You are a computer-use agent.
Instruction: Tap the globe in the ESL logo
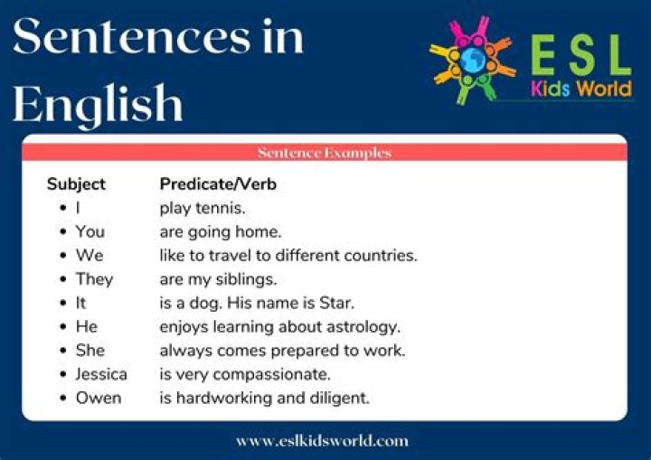point(471,59)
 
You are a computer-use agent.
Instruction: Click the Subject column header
point(76,184)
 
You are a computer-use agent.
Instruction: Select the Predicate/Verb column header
point(218,184)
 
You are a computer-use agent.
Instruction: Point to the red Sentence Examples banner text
point(324,153)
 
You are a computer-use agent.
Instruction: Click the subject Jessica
point(101,373)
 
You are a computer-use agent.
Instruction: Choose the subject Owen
point(98,398)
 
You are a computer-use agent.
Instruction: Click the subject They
point(94,279)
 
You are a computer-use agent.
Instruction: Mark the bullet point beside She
point(62,351)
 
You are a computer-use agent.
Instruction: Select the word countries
point(381,256)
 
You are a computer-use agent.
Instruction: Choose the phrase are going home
point(221,232)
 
